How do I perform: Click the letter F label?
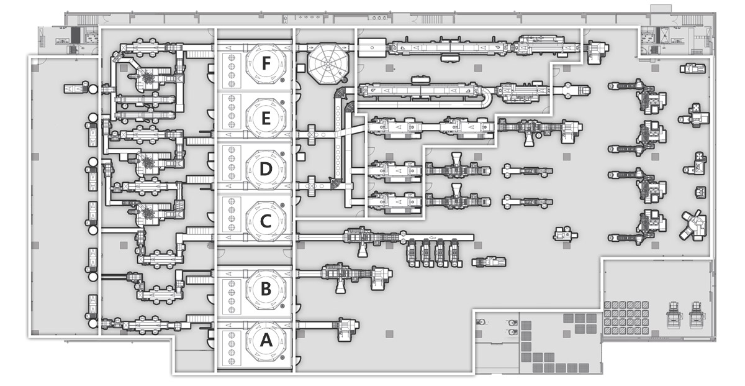[266, 63]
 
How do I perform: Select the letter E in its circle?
[266, 118]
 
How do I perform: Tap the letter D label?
[266, 169]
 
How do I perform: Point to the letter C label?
[266, 221]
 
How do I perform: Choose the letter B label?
[266, 289]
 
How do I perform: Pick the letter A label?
[266, 341]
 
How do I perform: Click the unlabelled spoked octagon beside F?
[328, 63]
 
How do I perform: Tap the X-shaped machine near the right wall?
[693, 225]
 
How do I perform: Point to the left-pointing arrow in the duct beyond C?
[432, 237]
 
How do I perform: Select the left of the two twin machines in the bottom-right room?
[674, 316]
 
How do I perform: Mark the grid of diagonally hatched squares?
[626, 318]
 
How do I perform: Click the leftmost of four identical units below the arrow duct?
[411, 253]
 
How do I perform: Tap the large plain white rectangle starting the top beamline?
[372, 48]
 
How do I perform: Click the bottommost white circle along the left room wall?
[93, 323]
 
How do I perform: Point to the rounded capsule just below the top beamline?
[450, 59]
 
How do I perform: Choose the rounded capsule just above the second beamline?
[421, 80]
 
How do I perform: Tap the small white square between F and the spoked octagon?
[300, 68]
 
